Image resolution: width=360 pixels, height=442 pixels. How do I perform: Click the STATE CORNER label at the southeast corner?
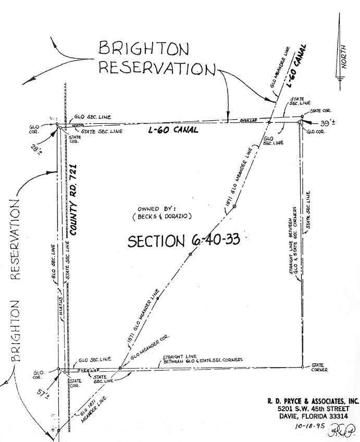(x=319, y=368)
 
